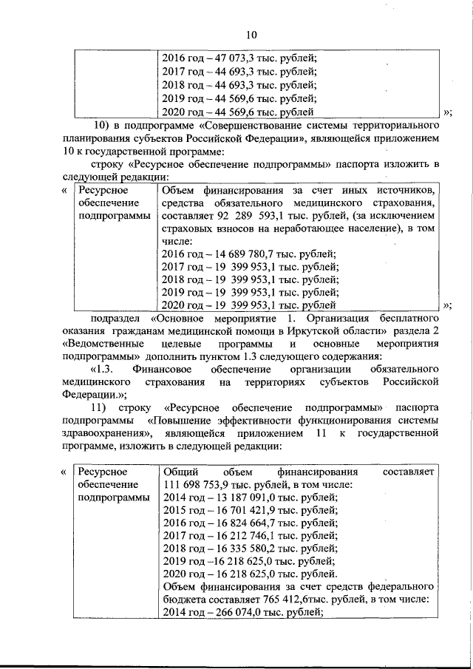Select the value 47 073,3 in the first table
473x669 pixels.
228,59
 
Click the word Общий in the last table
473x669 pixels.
179,472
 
